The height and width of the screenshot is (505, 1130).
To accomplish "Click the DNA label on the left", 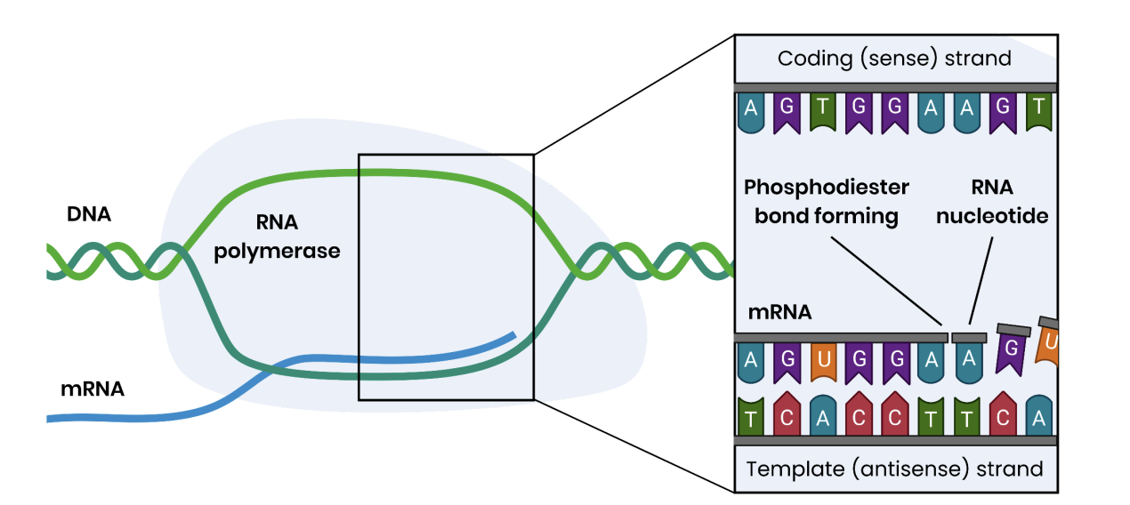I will (89, 214).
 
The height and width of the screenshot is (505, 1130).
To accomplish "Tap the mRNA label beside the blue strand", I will (92, 389).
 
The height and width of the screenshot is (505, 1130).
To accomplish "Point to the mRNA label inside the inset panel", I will (779, 312).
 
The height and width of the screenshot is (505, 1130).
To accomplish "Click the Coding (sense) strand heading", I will (894, 59).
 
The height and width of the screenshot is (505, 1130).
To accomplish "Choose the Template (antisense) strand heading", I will (894, 469).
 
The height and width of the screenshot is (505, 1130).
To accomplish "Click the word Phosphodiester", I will (827, 188).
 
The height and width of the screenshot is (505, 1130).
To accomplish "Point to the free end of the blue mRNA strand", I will (513, 336).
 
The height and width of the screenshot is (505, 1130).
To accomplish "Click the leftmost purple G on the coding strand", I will (787, 109).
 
